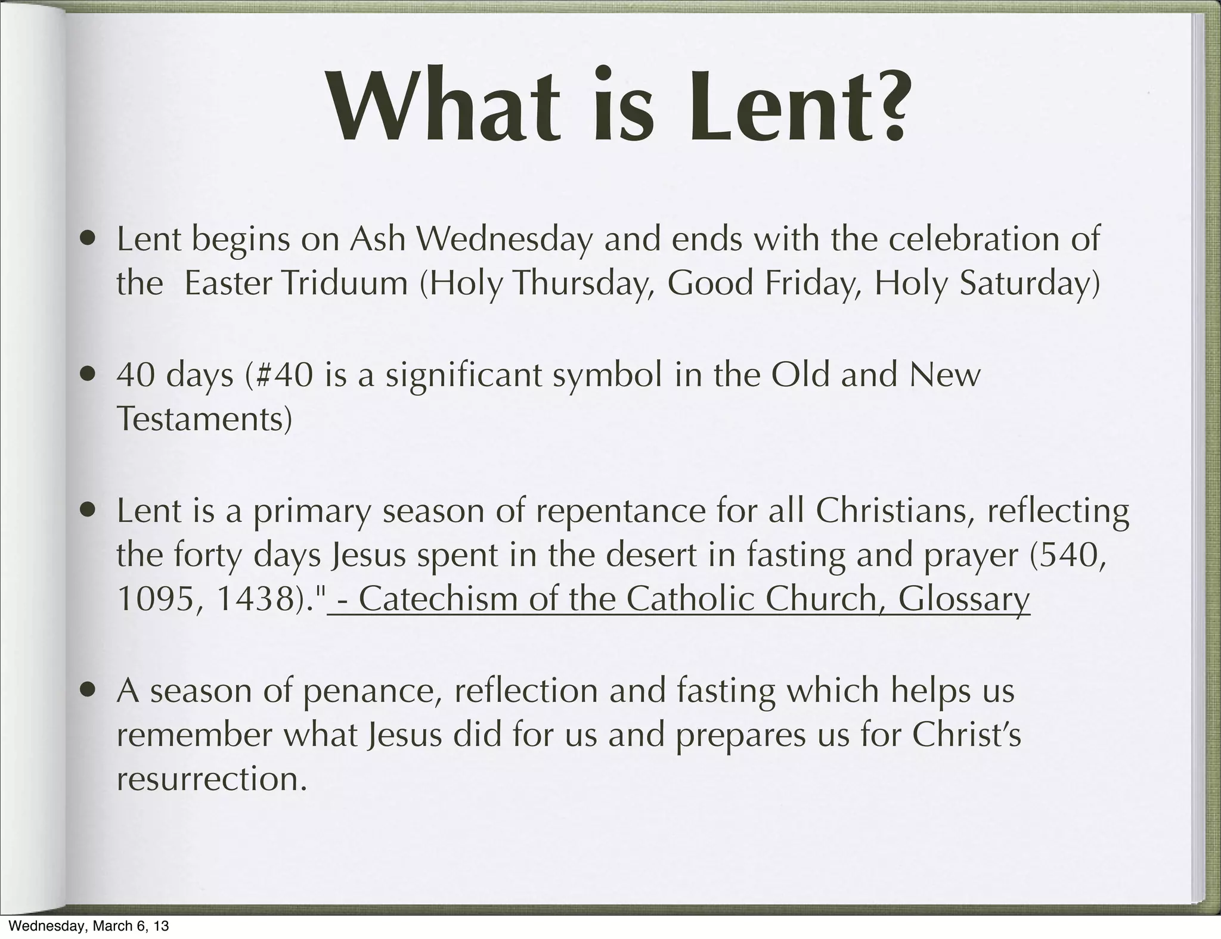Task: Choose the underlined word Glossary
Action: tap(964, 601)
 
